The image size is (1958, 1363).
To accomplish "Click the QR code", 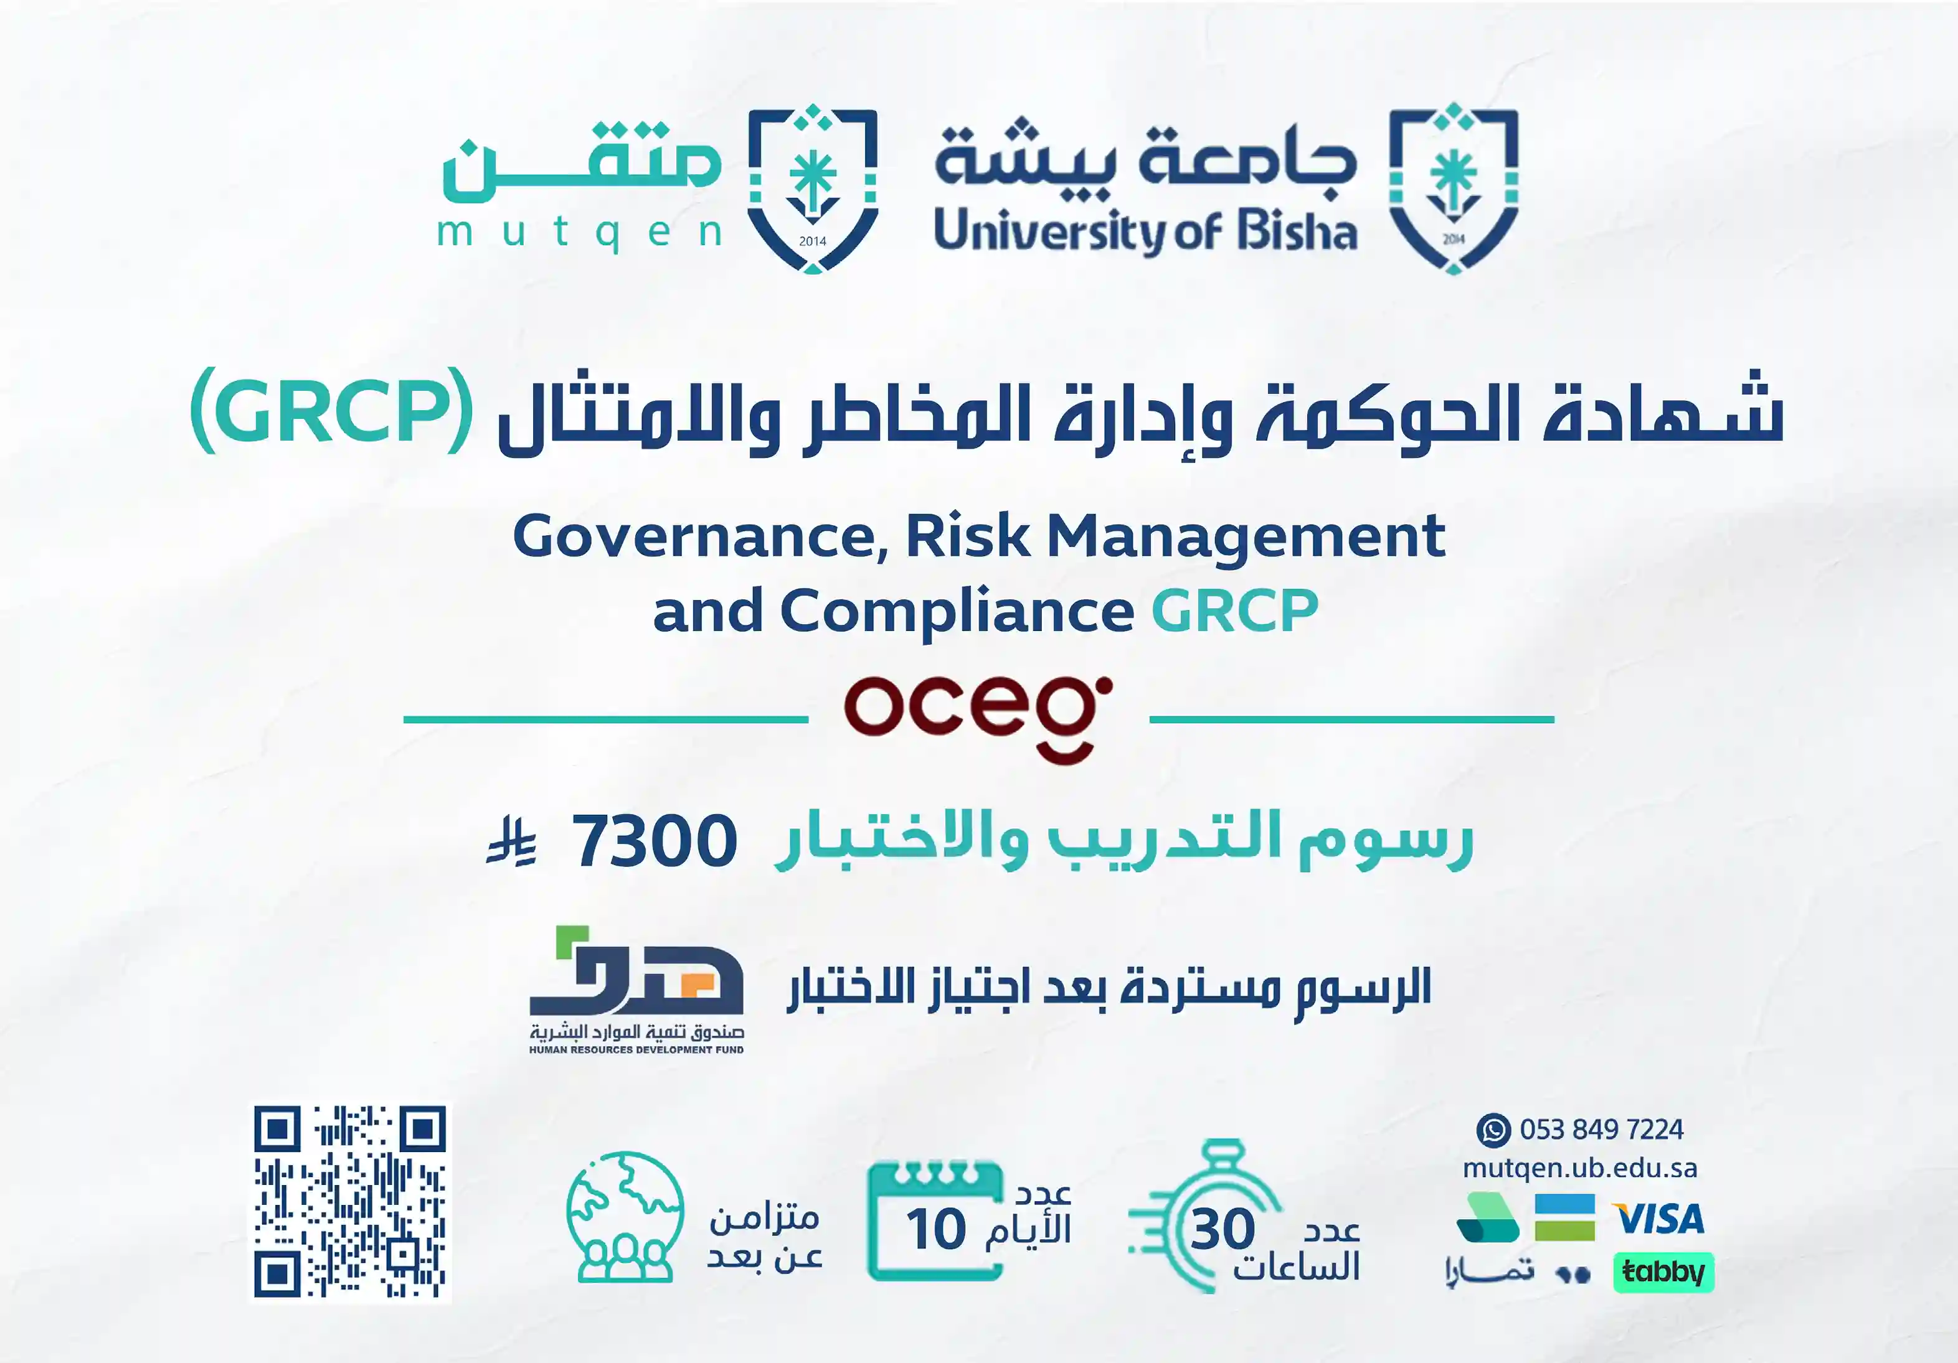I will pos(349,1202).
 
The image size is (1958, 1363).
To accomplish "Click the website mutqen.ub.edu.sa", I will pos(1579,1168).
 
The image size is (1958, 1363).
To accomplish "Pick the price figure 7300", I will pos(654,841).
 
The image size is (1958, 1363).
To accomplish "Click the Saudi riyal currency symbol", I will pos(512,841).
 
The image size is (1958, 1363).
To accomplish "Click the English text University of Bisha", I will pos(1145,232).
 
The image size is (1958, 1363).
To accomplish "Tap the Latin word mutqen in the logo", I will pos(580,232).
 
